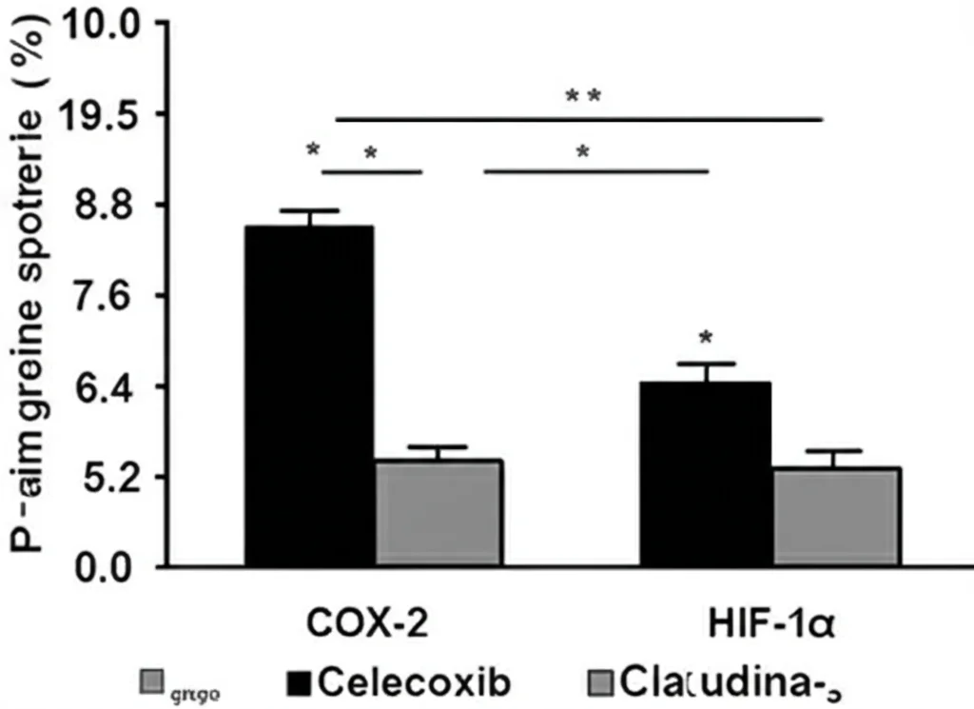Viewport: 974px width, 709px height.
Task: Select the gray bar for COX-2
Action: (438, 513)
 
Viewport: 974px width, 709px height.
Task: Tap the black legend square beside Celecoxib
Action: (300, 682)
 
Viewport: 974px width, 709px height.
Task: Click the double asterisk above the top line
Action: (582, 96)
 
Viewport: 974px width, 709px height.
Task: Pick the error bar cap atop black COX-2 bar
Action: (309, 210)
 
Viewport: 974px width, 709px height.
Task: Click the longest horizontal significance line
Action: (578, 120)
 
